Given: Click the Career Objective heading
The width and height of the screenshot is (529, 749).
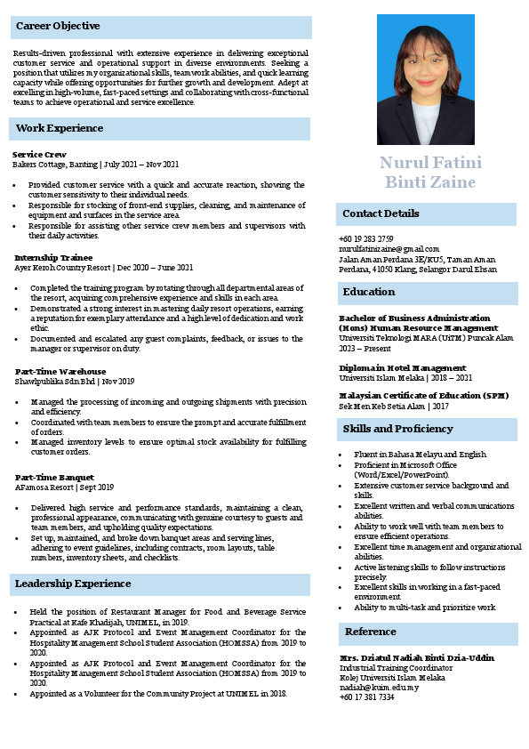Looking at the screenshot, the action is pyautogui.click(x=58, y=27).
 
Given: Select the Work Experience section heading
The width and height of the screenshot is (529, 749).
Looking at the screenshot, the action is pyautogui.click(x=60, y=129).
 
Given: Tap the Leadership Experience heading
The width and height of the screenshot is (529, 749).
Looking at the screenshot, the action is pyautogui.click(x=73, y=584).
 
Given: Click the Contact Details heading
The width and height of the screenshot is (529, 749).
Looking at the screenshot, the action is pyautogui.click(x=381, y=214).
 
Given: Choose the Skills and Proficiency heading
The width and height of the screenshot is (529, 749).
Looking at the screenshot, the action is pyautogui.click(x=397, y=430).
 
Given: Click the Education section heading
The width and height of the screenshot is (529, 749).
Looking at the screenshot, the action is pyautogui.click(x=369, y=293).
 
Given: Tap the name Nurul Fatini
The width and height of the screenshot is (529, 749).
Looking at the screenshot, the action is pyautogui.click(x=431, y=163).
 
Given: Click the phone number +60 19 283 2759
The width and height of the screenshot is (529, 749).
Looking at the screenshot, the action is pyautogui.click(x=366, y=239).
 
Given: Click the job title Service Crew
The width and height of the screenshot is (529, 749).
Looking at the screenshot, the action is pyautogui.click(x=39, y=155).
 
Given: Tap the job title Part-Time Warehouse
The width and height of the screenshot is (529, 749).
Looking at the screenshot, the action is pyautogui.click(x=60, y=372).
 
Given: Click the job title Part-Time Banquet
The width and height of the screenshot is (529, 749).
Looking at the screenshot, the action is pyautogui.click(x=54, y=478).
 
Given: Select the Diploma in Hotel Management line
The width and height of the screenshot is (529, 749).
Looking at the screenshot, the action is pyautogui.click(x=402, y=367).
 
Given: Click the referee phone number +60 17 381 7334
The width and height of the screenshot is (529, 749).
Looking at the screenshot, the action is pyautogui.click(x=366, y=697).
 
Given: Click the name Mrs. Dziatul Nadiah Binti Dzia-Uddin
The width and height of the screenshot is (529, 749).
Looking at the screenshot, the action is pyautogui.click(x=416, y=657).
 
